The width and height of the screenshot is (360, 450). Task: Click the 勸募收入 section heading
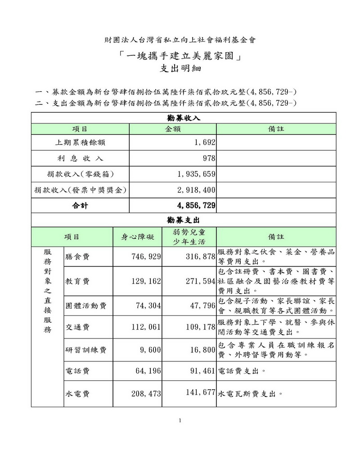pos(184,118)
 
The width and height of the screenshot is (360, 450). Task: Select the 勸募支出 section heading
pos(184,220)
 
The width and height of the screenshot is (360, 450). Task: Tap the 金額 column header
pos(173,129)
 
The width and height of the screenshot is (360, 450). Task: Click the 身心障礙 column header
pos(137,237)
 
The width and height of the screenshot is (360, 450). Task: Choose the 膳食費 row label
pos(77,256)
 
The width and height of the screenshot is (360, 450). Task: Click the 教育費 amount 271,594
pos(198,281)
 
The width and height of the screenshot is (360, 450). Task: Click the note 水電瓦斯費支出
pos(250,393)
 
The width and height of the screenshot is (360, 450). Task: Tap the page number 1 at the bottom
pos(180,421)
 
